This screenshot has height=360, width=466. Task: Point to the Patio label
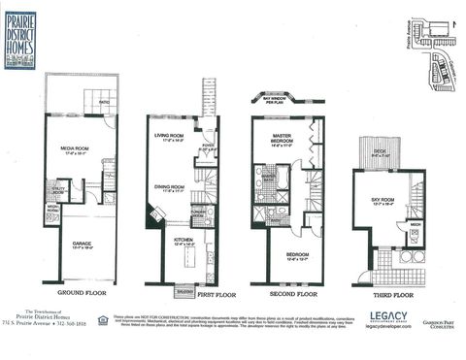[x=103, y=102]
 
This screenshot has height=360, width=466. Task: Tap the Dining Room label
[x=170, y=188]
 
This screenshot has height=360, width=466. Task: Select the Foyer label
[x=207, y=147]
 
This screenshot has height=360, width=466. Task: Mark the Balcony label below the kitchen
[x=184, y=289]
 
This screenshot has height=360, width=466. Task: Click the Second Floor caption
[x=291, y=293]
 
